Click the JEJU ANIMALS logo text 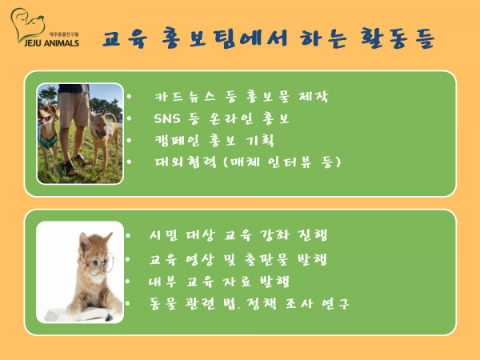[51, 43]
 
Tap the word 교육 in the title [125, 39]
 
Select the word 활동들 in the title [398, 38]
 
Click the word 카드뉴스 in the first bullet [186, 97]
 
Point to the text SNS [167, 118]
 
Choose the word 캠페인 [177, 141]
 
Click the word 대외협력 [186, 162]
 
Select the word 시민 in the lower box [163, 235]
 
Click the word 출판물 [266, 259]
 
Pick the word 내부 [162, 282]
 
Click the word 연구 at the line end [335, 304]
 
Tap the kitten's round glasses [100, 263]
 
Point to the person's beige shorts [74, 110]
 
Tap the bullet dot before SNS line [129, 118]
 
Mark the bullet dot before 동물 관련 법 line [128, 303]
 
